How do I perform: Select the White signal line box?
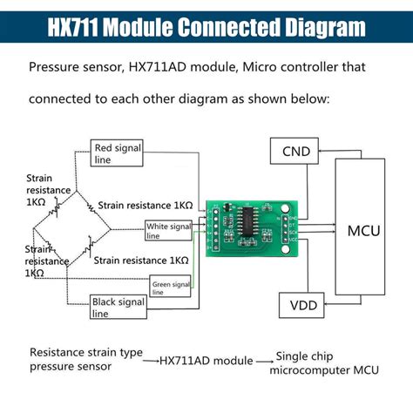pyautogui.click(x=168, y=230)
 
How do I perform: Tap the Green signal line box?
pyautogui.click(x=171, y=287)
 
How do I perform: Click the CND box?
pyautogui.click(x=295, y=152)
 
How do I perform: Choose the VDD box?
pyautogui.click(x=296, y=307)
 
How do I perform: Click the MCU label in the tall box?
pyautogui.click(x=362, y=232)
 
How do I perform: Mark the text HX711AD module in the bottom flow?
pyautogui.click(x=205, y=360)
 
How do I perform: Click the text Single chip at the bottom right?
pyautogui.click(x=306, y=355)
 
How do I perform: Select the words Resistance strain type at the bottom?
pyautogui.click(x=86, y=353)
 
